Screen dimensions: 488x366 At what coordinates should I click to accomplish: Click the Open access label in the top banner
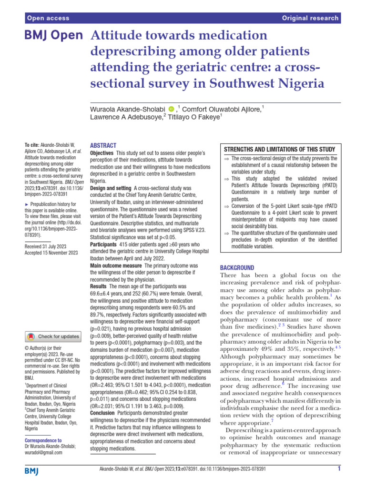[48, 18]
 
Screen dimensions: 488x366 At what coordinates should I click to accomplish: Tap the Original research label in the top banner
[310, 18]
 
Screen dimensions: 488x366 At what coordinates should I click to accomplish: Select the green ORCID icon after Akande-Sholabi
[172, 111]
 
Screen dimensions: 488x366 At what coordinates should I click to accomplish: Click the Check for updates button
[53, 337]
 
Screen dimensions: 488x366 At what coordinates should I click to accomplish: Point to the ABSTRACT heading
[103, 145]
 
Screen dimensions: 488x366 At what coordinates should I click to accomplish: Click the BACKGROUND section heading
[237, 268]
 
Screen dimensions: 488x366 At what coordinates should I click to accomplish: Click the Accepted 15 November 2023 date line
[51, 253]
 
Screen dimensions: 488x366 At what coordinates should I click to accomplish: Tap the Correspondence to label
[43, 441]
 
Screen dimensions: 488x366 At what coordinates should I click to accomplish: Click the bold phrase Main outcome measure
[115, 265]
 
